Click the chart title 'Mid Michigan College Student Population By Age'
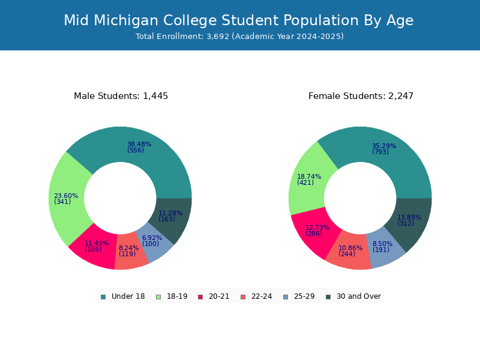pos(238,20)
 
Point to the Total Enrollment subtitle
pos(239,37)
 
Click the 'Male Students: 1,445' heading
pos(121,96)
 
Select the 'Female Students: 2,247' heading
pos(361,96)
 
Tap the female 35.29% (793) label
pos(384,149)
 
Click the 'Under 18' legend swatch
pos(103,297)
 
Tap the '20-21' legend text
pos(219,296)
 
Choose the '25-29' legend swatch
pos(286,297)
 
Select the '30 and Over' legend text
pos(359,296)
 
